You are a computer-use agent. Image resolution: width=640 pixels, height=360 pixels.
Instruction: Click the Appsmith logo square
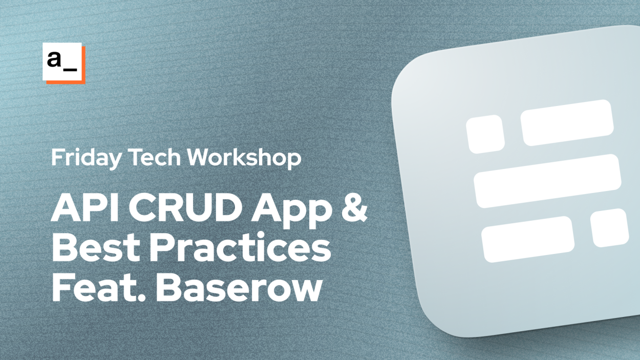(63, 62)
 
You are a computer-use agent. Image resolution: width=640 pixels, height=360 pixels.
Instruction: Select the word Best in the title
(97, 248)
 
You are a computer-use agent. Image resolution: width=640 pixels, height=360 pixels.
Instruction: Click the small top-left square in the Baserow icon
(485, 134)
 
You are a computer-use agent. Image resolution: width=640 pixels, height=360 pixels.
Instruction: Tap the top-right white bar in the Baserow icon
(567, 122)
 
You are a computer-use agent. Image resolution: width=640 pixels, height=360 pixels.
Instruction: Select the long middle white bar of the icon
(547, 180)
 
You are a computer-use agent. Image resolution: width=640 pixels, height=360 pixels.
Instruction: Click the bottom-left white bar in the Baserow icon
(527, 239)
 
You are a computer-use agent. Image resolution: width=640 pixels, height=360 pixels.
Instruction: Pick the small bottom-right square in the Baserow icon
(609, 227)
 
